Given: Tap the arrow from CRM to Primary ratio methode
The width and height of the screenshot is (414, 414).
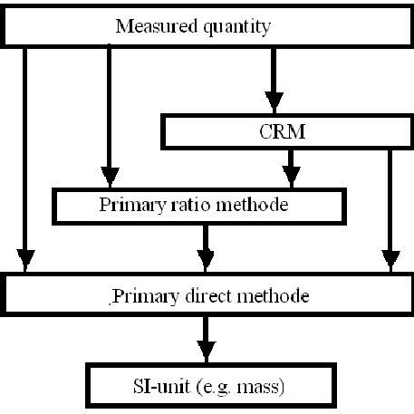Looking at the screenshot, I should [x=290, y=168].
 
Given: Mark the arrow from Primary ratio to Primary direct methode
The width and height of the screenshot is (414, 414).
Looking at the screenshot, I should [x=207, y=245].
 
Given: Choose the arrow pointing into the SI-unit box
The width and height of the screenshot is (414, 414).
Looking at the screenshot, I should [x=207, y=339].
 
